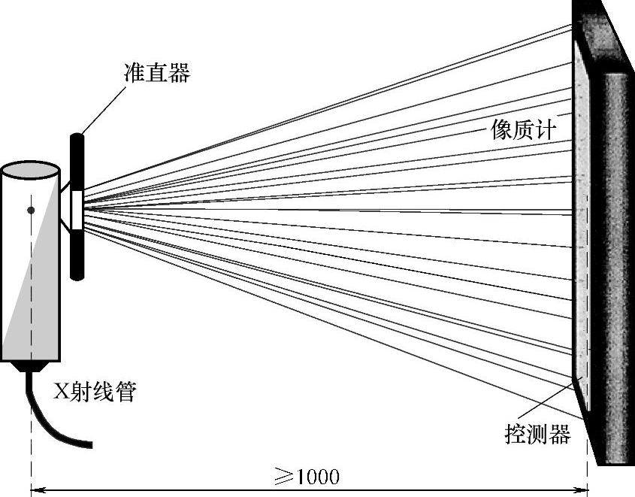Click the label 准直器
(x=156, y=73)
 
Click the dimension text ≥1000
(x=307, y=477)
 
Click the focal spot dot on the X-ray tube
(x=31, y=210)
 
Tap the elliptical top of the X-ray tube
(x=31, y=171)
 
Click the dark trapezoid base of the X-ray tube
(x=32, y=366)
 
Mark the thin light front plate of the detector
(x=580, y=226)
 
